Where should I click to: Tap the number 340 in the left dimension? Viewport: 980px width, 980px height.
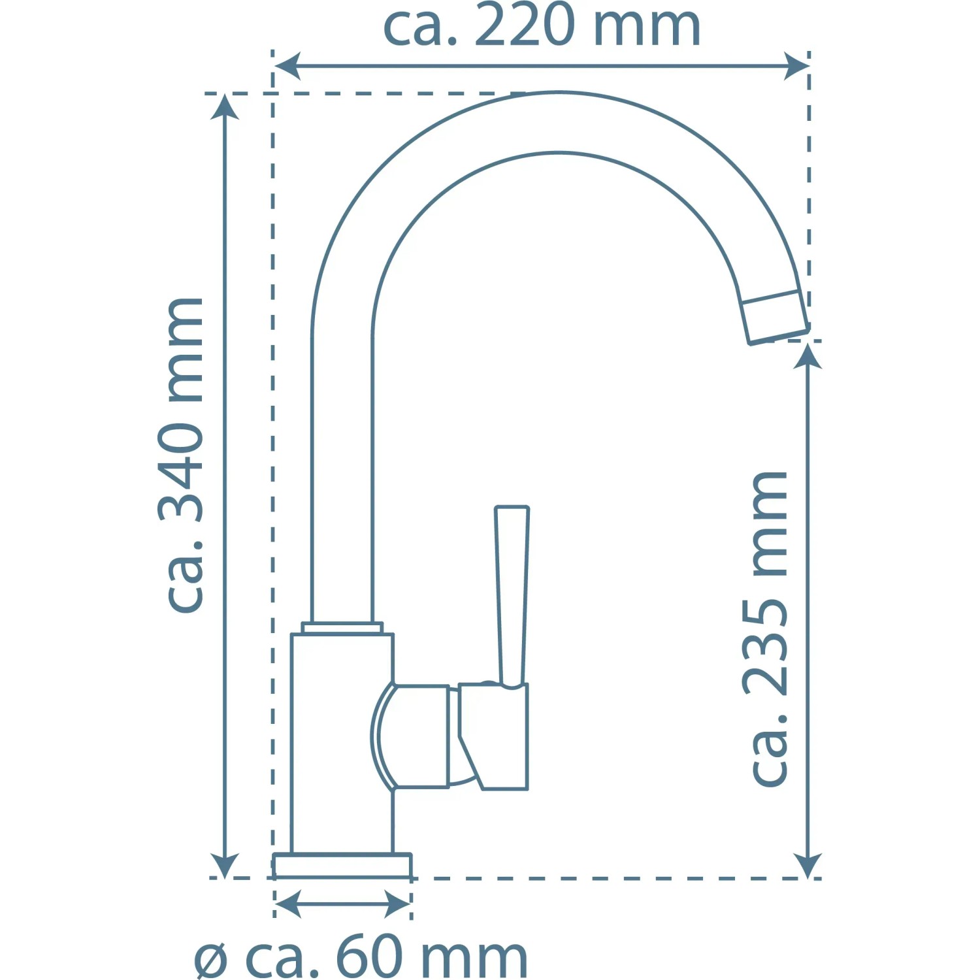(x=182, y=471)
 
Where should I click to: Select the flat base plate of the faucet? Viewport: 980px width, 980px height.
(x=342, y=865)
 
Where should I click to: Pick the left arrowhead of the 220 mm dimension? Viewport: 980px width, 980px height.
(x=287, y=66)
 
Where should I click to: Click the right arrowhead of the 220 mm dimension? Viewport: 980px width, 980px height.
(x=796, y=66)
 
